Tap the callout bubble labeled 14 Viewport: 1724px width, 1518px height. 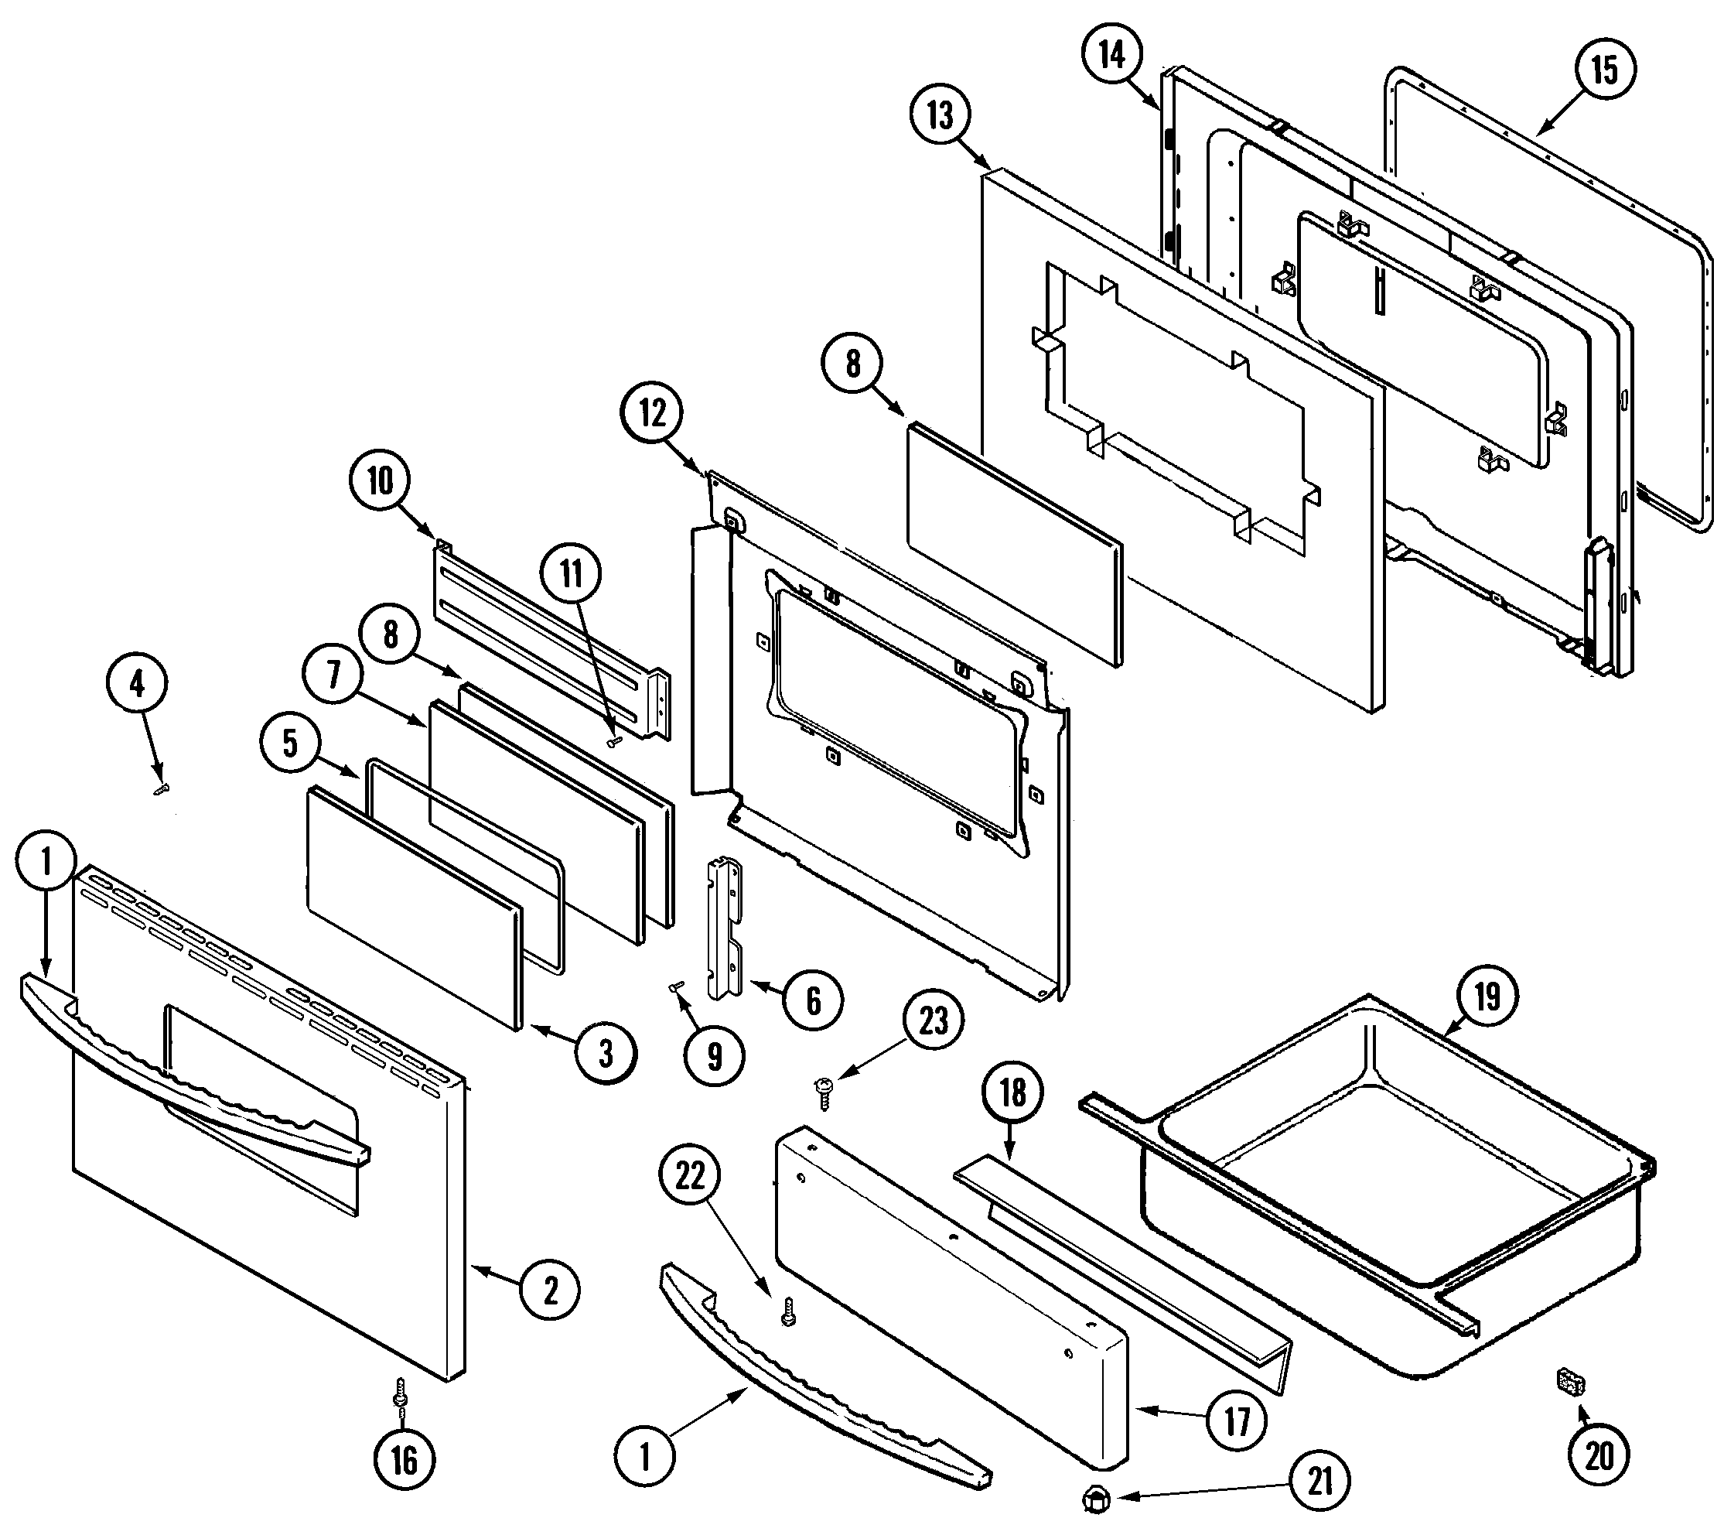(1111, 55)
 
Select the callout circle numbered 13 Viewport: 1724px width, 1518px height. (941, 114)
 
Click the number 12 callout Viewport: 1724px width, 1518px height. (653, 413)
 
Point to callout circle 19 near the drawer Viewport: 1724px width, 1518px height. (1486, 997)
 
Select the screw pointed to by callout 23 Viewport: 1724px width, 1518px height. (824, 1090)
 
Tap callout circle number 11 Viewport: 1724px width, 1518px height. (572, 575)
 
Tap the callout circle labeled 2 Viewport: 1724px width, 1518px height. (549, 1291)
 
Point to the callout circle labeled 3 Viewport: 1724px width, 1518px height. (606, 1054)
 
